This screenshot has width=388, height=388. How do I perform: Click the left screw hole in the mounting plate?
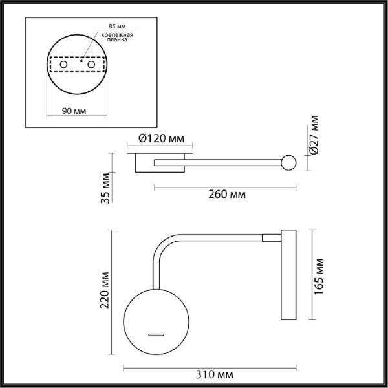63,65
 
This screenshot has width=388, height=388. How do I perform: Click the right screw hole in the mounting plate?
91,65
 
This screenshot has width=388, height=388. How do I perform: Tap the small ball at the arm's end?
288,163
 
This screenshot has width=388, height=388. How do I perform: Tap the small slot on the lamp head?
155,334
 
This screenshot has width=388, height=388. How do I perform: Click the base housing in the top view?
162,165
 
